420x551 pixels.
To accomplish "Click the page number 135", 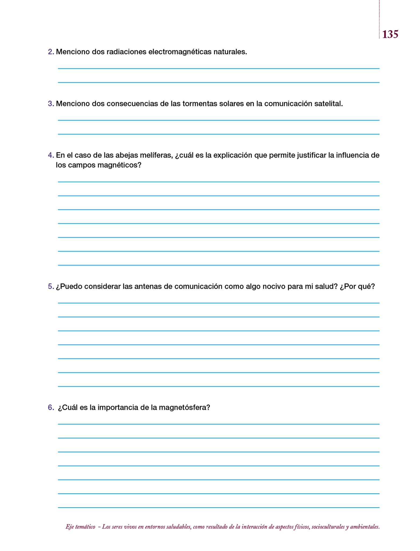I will pyautogui.click(x=390, y=34).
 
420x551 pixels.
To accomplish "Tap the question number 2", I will pyautogui.click(x=50, y=52).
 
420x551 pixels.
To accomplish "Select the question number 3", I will pyautogui.click(x=50, y=104).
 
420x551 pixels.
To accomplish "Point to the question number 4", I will pyautogui.click(x=50, y=155).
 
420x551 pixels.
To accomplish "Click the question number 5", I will pyautogui.click(x=50, y=286).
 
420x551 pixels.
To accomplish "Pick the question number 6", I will pyautogui.click(x=50, y=407).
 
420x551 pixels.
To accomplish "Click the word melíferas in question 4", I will pyautogui.click(x=156, y=155).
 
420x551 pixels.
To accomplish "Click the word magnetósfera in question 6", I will pyautogui.click(x=184, y=407).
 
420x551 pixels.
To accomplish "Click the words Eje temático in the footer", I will pyautogui.click(x=80, y=527).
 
